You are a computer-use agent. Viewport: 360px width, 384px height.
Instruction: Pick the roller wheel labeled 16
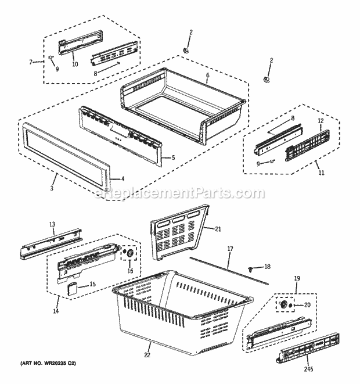(129, 254)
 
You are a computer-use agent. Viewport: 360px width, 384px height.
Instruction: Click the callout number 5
(174, 157)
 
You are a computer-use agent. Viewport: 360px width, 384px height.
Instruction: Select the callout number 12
(319, 120)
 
